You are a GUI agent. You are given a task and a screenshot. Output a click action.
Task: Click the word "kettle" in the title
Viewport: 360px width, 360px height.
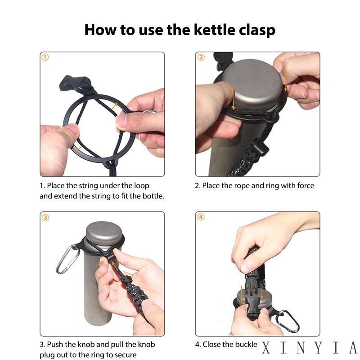click(215, 30)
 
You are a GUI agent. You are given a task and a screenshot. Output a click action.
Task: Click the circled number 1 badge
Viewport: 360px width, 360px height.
click(45, 57)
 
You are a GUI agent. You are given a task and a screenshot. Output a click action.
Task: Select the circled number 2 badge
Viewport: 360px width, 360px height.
click(201, 57)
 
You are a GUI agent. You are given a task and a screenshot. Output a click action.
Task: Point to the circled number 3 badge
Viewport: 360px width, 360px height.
click(45, 217)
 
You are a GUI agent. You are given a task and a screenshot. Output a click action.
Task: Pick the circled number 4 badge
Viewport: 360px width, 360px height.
click(201, 217)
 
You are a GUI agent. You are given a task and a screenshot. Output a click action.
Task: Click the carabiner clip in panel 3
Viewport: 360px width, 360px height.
click(67, 260)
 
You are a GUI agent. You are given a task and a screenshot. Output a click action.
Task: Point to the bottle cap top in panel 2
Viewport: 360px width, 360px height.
click(252, 84)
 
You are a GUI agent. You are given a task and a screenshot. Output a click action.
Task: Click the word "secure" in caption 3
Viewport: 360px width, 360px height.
click(126, 355)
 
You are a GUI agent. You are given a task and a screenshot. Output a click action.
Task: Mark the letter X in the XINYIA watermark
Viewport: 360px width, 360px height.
click(266, 347)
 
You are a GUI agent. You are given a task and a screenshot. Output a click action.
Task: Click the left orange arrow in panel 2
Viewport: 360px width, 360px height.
click(233, 98)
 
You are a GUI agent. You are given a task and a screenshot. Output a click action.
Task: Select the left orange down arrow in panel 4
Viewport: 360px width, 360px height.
click(242, 294)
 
